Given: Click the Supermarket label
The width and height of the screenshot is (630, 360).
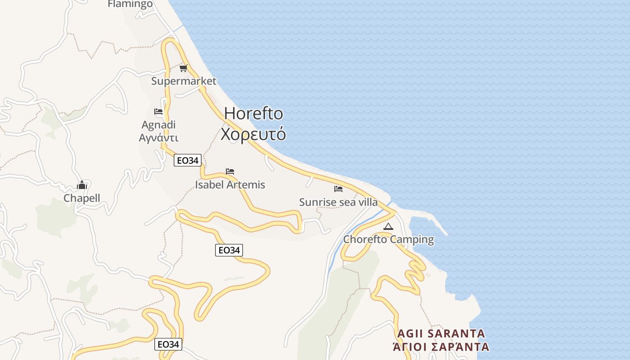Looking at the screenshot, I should point(184,81).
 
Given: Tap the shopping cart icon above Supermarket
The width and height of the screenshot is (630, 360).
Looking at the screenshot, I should point(183,68).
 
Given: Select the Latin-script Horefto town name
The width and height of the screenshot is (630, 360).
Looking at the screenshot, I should point(253,113).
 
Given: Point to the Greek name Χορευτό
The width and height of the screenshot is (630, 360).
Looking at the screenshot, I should point(253,134).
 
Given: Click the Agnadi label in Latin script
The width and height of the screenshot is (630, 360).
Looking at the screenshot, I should point(158,125).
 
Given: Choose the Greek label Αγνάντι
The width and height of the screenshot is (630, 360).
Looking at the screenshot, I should point(158,138).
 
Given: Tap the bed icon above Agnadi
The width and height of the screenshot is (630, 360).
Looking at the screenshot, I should point(158,112).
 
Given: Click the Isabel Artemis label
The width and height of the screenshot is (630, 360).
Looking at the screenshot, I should point(230,184).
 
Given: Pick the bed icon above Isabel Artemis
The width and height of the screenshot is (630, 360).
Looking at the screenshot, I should point(230,171).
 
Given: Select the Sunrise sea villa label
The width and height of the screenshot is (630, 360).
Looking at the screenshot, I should point(338,202).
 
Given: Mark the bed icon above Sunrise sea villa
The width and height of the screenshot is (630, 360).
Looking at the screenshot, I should point(338,189).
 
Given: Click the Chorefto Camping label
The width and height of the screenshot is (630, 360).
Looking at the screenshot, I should point(388,239).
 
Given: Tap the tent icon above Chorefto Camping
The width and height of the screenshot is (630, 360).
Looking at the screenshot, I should point(388,226).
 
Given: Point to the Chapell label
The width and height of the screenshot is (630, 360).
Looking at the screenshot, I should point(82,198).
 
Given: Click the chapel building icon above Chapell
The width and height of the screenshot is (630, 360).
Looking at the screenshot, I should point(82,185).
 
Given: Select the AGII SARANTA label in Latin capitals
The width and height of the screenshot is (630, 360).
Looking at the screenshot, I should point(441,333).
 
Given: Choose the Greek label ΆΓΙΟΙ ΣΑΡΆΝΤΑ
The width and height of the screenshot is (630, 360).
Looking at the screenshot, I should point(441,347).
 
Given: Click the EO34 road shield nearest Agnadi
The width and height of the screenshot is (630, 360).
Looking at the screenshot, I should point(188,160).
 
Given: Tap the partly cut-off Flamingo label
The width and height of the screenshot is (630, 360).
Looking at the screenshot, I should point(130,4).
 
